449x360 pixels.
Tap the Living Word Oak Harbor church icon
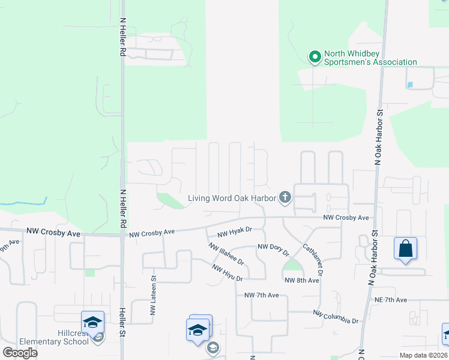coord(285,197)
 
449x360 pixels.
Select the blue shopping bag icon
coord(405,248)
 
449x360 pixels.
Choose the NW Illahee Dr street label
coord(226,254)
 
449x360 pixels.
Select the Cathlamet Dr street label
coord(313,259)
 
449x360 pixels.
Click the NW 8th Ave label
coord(301,280)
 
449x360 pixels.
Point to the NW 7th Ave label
coord(262,295)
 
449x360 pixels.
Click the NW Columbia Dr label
coord(336,317)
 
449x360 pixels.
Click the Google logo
coord(20,353)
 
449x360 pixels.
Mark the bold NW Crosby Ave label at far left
coord(52,232)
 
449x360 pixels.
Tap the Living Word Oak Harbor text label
coord(232,198)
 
